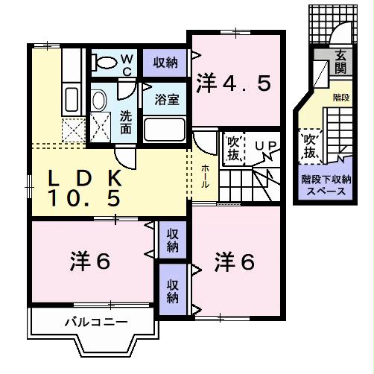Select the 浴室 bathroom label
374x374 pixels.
(x=165, y=100)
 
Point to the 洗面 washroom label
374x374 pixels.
(x=126, y=122)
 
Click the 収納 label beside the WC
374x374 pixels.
(x=165, y=62)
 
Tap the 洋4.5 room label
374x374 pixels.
(x=233, y=83)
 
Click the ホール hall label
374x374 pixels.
(x=205, y=177)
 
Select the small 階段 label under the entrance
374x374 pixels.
(x=340, y=96)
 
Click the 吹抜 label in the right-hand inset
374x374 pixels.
(x=311, y=145)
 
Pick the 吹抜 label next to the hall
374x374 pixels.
(x=233, y=146)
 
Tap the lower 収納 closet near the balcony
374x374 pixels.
(x=172, y=290)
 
